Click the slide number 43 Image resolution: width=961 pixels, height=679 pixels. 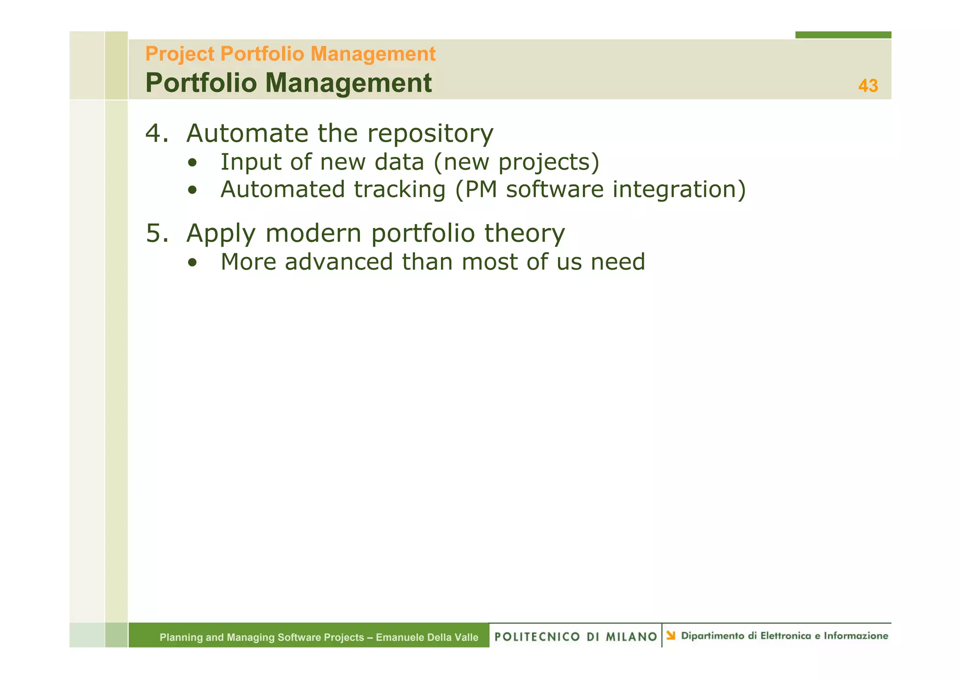tap(868, 86)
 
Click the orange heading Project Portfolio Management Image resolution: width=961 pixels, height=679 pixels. tap(290, 54)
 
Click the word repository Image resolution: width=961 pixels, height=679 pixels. tap(430, 134)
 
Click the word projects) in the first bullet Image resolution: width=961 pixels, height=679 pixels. tap(549, 163)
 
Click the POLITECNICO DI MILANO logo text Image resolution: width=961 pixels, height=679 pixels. tap(575, 636)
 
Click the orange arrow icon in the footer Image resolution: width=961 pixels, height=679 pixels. tap(671, 635)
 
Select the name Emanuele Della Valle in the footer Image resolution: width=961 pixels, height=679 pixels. tap(427, 637)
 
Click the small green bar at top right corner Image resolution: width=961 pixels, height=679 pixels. tap(843, 35)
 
